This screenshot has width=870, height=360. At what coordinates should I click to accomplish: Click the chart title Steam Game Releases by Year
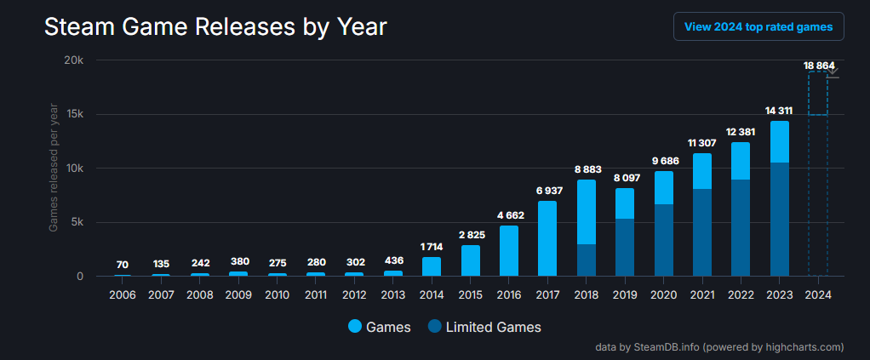tap(215, 27)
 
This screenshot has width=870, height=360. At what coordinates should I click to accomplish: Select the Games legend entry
tap(380, 327)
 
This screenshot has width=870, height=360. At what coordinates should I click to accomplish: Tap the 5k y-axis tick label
tap(77, 222)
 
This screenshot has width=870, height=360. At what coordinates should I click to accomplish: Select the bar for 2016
tap(509, 250)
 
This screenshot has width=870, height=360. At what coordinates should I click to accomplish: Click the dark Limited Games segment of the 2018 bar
tap(587, 260)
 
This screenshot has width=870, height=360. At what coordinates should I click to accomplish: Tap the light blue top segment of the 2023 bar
tap(779, 141)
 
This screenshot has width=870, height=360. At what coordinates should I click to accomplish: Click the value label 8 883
tap(586, 170)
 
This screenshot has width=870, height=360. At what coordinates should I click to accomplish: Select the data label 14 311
tap(779, 111)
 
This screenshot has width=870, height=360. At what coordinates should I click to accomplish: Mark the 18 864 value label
tap(819, 66)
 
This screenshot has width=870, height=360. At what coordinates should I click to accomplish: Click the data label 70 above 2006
tap(123, 265)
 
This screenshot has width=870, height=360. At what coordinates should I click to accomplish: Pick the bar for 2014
tap(432, 266)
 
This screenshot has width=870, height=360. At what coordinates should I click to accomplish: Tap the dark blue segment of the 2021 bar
tap(702, 232)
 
